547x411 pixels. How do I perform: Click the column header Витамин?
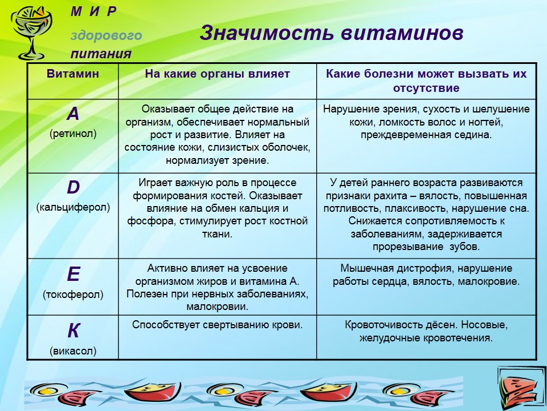click(73, 74)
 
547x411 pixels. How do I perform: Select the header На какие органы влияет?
click(217, 74)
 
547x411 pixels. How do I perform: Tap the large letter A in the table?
click(73, 114)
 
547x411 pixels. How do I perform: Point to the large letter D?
click(74, 187)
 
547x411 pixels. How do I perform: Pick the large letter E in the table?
click(74, 273)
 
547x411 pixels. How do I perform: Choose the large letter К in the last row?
click(74, 331)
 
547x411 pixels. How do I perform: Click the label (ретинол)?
click(73, 134)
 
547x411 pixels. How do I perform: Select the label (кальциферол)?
click(73, 207)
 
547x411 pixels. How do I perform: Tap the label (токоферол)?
click(73, 295)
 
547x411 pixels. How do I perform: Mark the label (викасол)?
click(73, 350)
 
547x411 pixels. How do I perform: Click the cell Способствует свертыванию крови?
click(217, 325)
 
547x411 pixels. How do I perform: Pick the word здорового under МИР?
click(107, 35)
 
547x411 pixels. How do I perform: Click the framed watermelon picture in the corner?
click(522, 389)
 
